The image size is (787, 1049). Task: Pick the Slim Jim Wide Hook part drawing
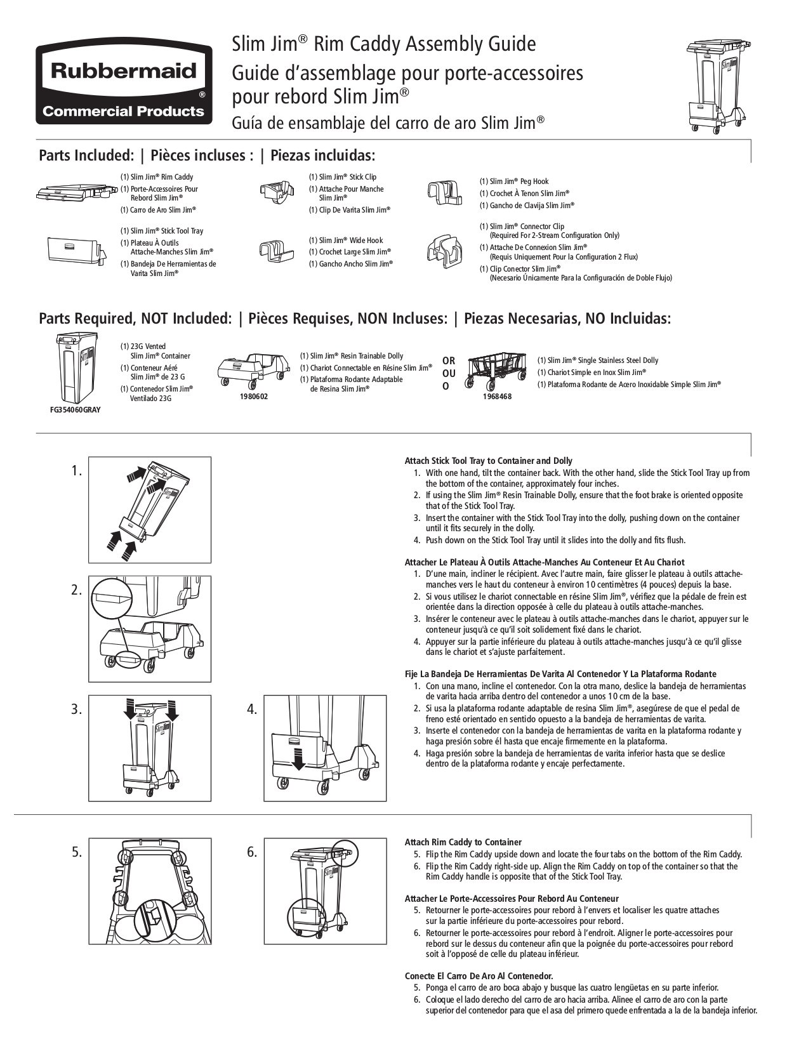pos(275,250)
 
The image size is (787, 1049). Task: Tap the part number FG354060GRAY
pos(75,409)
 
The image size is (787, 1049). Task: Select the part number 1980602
pos(254,396)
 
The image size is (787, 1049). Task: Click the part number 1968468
pos(497,396)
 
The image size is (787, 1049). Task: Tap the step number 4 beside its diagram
pos(252,709)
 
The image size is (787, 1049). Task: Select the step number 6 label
pos(252,852)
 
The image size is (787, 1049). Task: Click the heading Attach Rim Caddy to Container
pos(463,841)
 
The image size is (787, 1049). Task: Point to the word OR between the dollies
pos(449,360)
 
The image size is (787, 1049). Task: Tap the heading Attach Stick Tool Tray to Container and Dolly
pos(488,461)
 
